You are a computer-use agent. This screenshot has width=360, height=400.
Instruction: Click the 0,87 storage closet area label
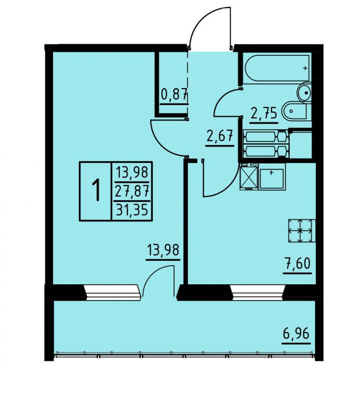[x=175, y=95]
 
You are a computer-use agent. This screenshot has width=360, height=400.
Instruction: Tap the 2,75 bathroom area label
[x=264, y=114]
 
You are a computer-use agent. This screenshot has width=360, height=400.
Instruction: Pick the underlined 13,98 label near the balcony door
[x=163, y=250]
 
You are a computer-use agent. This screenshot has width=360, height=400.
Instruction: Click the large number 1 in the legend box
[x=96, y=190]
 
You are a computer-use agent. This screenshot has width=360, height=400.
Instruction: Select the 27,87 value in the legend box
[x=132, y=191]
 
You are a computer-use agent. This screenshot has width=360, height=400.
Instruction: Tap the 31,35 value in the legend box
[x=132, y=211]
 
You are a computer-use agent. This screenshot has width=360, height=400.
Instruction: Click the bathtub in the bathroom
[x=278, y=68]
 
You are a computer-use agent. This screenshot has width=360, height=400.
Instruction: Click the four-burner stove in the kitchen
[x=302, y=231]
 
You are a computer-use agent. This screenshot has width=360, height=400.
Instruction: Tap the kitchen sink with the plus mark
[x=272, y=177]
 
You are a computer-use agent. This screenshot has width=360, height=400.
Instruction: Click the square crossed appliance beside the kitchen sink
[x=249, y=177]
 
